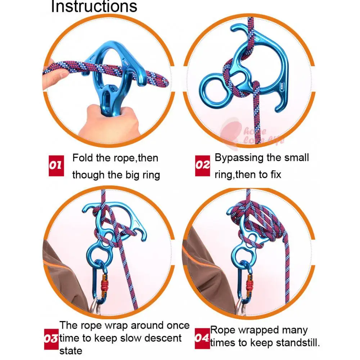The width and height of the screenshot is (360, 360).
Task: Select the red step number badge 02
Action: [x=203, y=166]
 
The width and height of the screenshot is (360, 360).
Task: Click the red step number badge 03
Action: [x=51, y=338]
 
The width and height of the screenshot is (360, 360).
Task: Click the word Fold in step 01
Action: [x=82, y=158]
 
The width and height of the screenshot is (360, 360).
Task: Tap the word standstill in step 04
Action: [x=297, y=343]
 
